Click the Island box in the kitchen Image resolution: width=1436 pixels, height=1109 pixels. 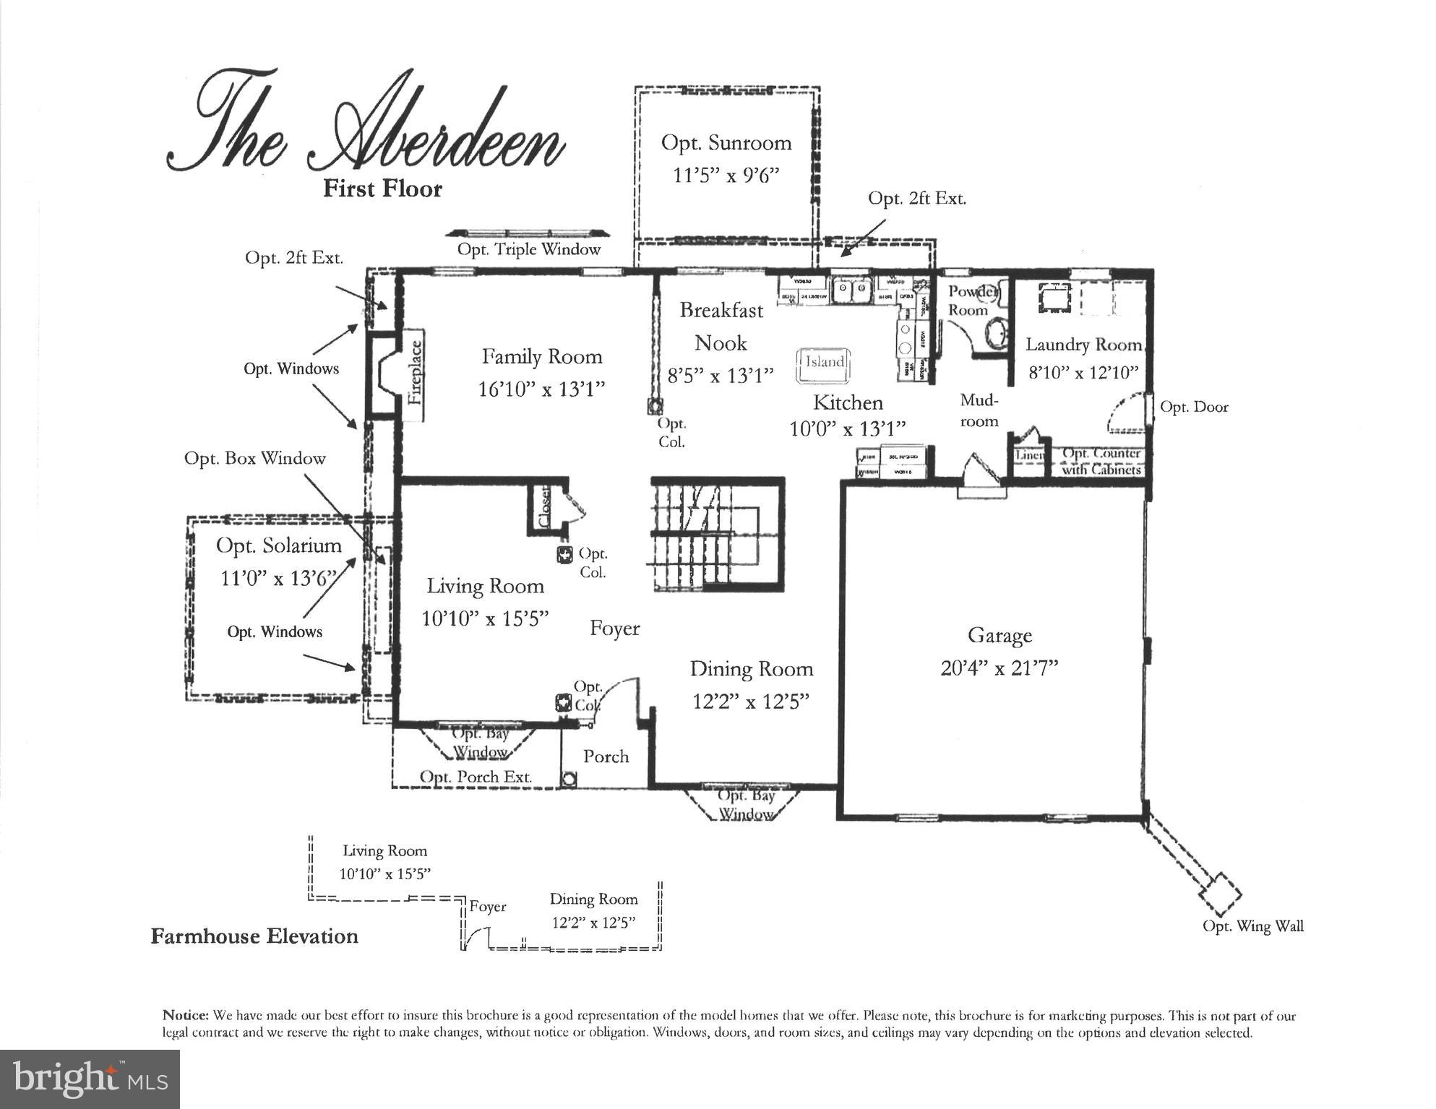tap(823, 366)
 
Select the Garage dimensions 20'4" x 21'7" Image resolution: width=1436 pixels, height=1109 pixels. tap(999, 668)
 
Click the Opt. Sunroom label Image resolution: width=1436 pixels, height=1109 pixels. tap(726, 143)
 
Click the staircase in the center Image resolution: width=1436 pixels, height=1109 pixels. tap(718, 535)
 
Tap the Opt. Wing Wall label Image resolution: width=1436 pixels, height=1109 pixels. tap(1252, 926)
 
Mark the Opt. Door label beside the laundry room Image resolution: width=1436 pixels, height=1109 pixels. tap(1194, 407)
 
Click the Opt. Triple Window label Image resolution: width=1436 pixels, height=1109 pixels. tap(529, 250)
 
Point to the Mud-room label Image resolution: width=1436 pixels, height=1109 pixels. tap(979, 410)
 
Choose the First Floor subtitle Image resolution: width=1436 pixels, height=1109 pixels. tap(382, 189)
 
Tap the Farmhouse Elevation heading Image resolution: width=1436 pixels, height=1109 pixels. tap(254, 936)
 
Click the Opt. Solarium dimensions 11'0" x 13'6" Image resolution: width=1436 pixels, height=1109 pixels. tap(279, 578)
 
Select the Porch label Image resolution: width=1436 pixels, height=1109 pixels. tap(606, 756)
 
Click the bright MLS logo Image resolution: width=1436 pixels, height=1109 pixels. tap(90, 1079)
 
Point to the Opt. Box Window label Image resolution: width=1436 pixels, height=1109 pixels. tap(254, 459)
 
